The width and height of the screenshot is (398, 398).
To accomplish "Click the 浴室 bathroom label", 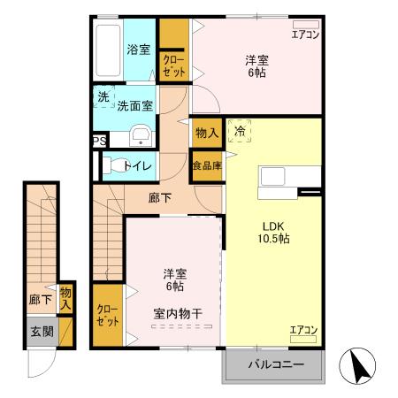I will pos(138,50).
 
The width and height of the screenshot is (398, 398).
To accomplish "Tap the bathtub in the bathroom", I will pos(108,51).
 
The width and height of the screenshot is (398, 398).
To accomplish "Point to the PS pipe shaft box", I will pos(99,139).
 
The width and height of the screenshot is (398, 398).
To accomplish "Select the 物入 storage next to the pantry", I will pos(207,133).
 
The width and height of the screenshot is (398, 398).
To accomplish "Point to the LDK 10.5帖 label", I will pos(273,231).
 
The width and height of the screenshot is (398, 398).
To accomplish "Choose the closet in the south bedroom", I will pos(108,314).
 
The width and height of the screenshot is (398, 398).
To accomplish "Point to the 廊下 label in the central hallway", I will pos(160,198).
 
